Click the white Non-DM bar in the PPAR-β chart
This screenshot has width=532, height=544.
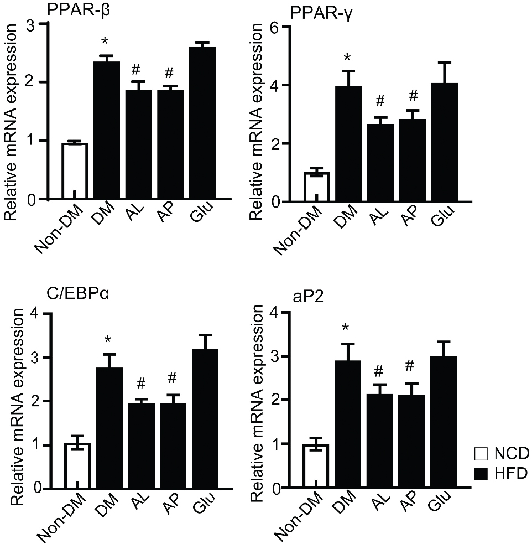pyautogui.click(x=75, y=172)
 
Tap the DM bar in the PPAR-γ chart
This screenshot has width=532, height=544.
pyautogui.click(x=348, y=144)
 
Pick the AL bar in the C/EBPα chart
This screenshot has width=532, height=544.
pyautogui.click(x=142, y=446)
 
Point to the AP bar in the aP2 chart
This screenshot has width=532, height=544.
pyautogui.click(x=412, y=442)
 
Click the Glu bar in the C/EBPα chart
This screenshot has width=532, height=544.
pyautogui.click(x=205, y=419)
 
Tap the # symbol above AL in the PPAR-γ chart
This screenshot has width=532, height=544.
pyautogui.click(x=380, y=101)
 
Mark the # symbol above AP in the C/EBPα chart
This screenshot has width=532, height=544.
pyautogui.click(x=172, y=378)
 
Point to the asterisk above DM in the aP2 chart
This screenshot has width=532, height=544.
pyautogui.click(x=345, y=328)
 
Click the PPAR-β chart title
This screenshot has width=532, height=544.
pyautogui.click(x=79, y=11)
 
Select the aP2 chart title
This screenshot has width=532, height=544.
pyautogui.click(x=309, y=297)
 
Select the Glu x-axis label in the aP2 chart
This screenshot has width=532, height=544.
pyautogui.click(x=441, y=501)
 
